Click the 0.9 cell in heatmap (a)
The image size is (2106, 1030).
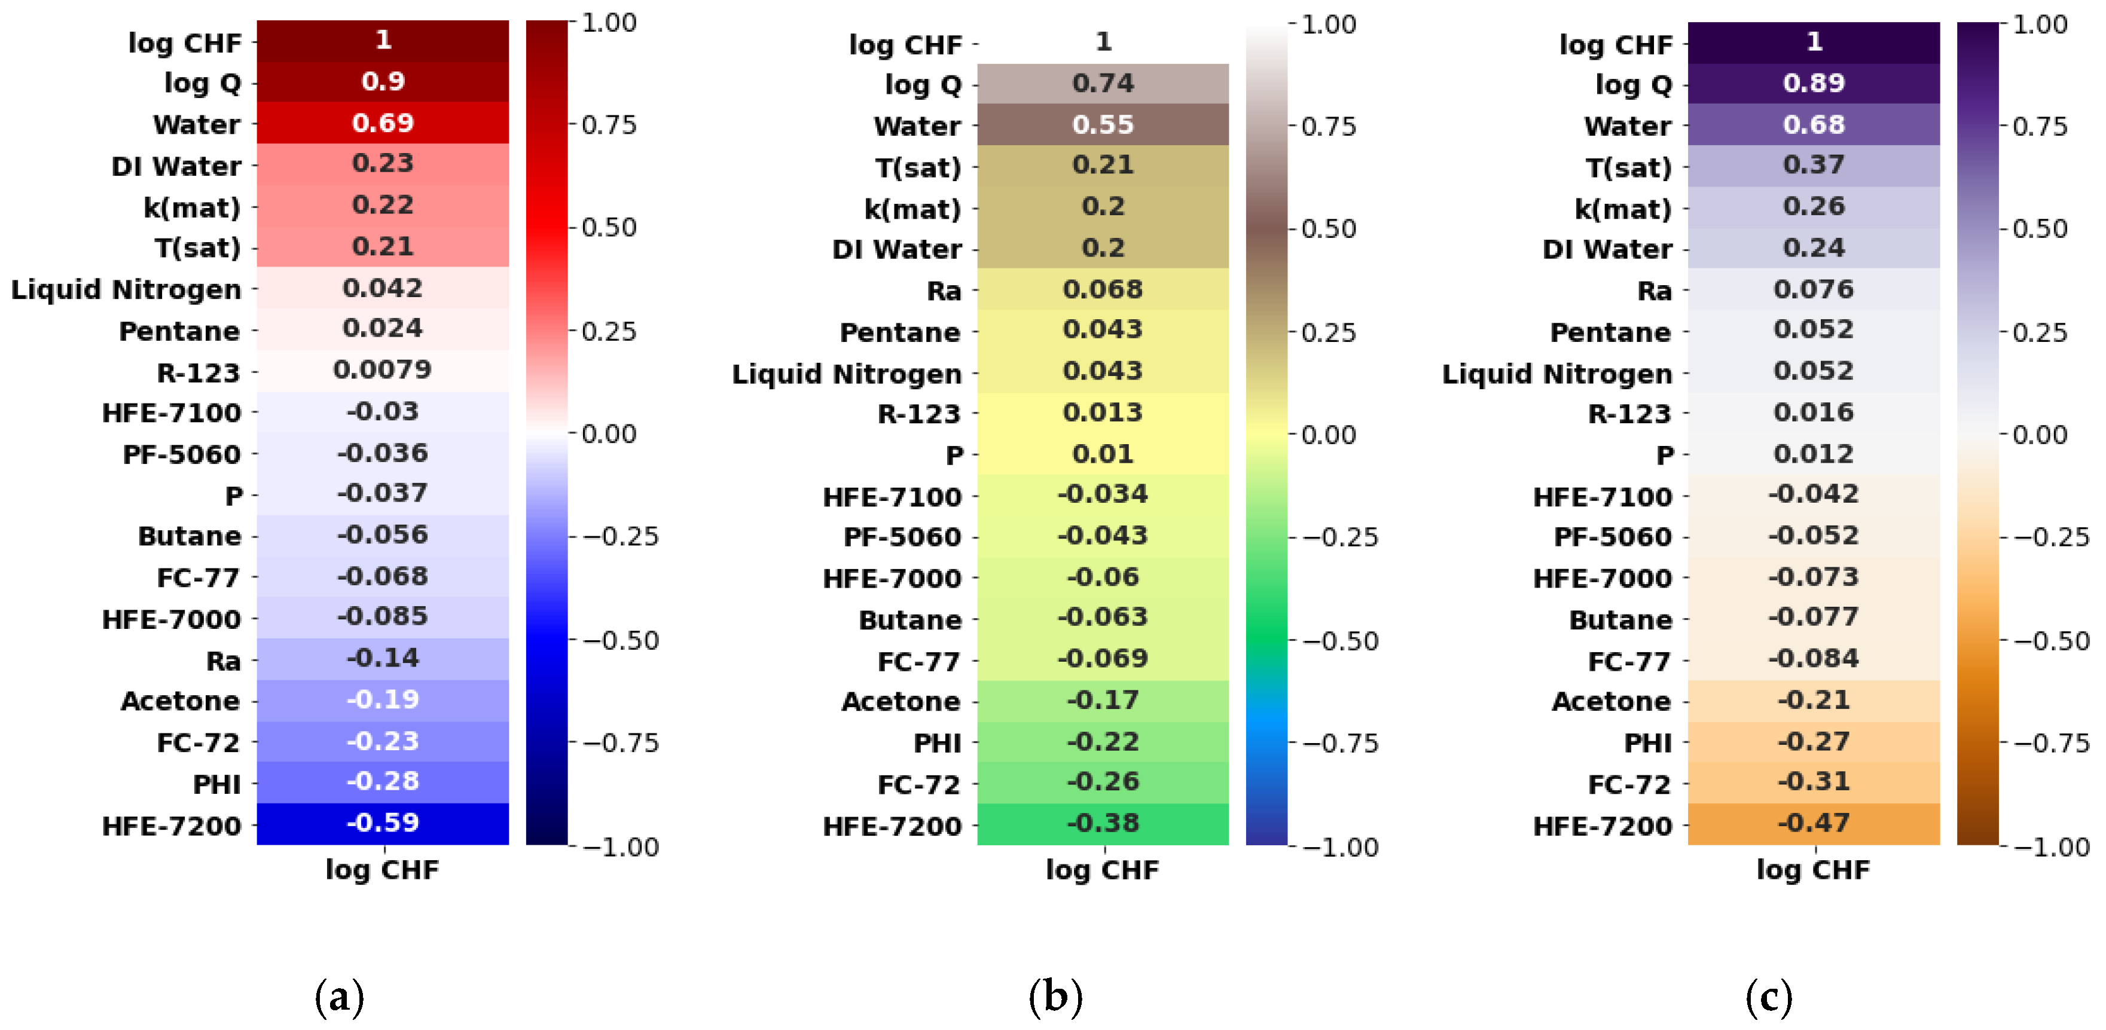[383, 82]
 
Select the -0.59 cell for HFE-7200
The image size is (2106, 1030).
[383, 823]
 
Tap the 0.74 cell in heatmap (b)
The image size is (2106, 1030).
[1103, 83]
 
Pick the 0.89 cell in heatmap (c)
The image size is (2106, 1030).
[1814, 83]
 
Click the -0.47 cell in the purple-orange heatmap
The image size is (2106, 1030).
[1814, 823]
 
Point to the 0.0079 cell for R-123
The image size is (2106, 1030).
[383, 370]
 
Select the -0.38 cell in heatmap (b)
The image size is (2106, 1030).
[1103, 823]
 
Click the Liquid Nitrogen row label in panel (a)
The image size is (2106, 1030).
[126, 289]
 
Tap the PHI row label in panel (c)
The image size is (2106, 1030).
[1647, 743]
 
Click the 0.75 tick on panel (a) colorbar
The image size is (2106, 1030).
[608, 125]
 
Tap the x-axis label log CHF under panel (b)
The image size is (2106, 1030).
[1103, 870]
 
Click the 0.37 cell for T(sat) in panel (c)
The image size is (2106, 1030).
[1814, 165]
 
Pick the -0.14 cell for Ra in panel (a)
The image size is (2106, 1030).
[383, 658]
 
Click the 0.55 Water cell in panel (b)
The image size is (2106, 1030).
[1103, 125]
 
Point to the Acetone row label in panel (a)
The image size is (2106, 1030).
[181, 701]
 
